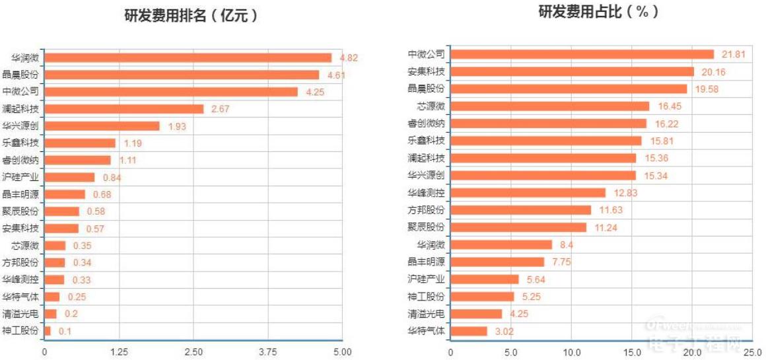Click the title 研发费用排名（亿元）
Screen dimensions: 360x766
191,16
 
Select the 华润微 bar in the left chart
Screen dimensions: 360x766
188,57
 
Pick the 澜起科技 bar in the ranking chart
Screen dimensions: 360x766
124,109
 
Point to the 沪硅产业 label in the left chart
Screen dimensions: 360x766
20,177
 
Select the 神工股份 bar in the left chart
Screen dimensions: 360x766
48,330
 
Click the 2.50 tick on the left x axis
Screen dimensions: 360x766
193,352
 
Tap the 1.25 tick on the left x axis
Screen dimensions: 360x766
119,352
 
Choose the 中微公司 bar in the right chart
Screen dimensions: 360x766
582,54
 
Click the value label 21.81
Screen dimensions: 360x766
733,54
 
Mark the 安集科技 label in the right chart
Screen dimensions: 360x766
426,71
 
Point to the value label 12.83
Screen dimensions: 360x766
624,192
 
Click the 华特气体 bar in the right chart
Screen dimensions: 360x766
468,331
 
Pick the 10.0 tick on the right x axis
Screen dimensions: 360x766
572,352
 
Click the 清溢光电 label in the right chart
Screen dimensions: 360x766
426,314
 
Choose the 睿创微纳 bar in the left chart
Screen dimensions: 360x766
78,160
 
